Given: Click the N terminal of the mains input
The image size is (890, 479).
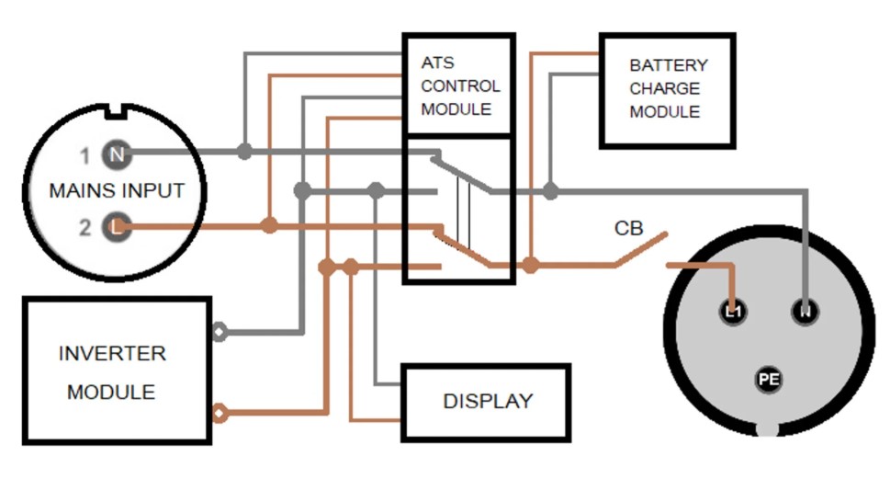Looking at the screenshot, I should pos(117,155).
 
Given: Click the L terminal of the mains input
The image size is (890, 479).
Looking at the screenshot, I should pos(116,225).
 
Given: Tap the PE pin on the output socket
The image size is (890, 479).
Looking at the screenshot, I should pos(768,378).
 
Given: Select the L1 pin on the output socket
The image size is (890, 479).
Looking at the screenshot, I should pos(733,313).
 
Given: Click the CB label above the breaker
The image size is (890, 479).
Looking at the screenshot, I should pos(629,228).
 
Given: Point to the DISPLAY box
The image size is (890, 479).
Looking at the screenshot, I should pos(487,401).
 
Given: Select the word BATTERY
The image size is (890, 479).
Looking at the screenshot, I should pos(669,66).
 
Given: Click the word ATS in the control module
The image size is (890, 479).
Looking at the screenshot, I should pos(437,63).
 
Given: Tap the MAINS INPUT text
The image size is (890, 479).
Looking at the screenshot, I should pos(117,191).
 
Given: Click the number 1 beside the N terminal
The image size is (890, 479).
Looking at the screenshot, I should pos(84,156).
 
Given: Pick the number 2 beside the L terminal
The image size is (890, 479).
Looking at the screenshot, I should pos(84,226).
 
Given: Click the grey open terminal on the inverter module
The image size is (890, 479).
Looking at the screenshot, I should pos(220,332).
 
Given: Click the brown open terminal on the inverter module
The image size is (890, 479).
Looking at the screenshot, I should pos(220,413).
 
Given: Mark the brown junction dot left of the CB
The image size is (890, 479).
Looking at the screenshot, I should pos(530,265).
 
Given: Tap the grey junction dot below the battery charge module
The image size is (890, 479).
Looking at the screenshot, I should pos(550,191).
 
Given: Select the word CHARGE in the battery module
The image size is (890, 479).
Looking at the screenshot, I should pos(665,89).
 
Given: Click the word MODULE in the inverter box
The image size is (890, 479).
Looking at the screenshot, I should pos(111,393).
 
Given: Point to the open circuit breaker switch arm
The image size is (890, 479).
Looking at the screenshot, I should pos(640,251).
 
